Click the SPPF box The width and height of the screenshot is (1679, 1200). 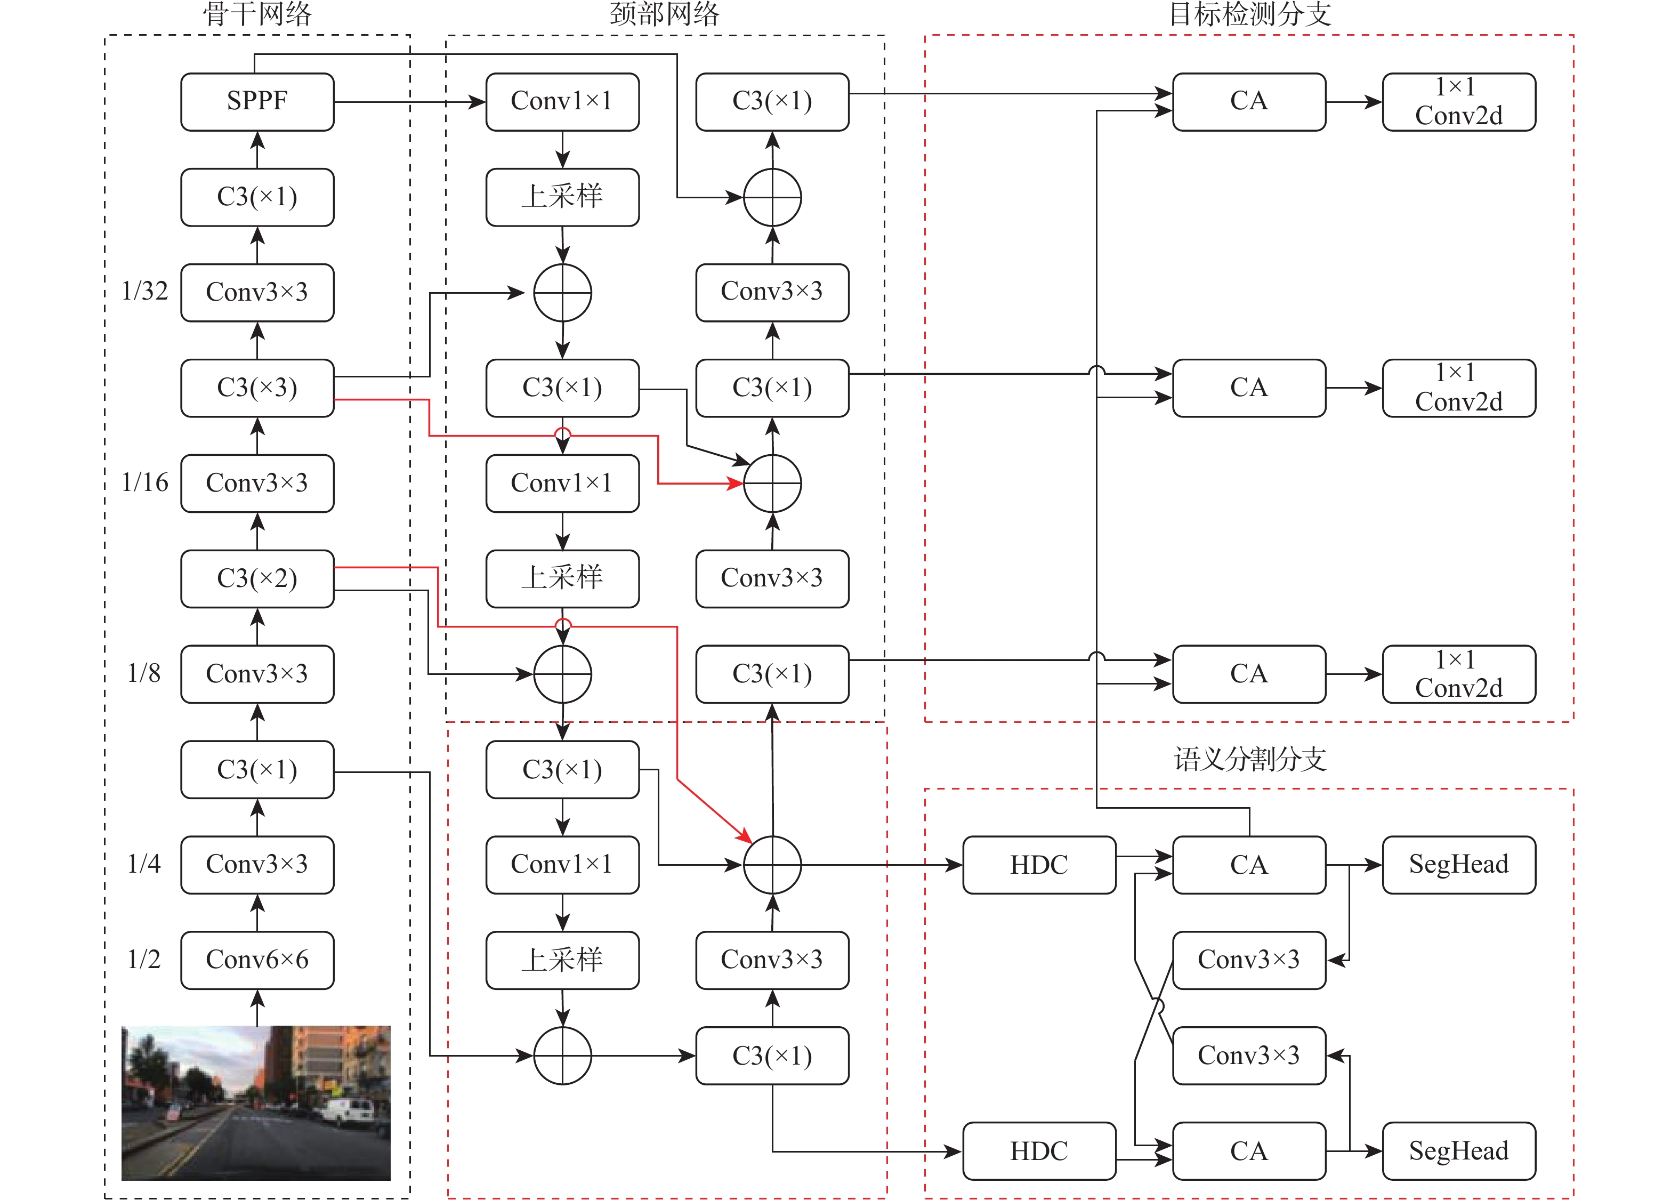[x=257, y=101]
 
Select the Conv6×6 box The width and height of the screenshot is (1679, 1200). [x=257, y=959]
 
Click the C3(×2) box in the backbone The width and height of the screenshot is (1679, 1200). [x=257, y=578]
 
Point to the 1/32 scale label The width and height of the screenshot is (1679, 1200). [x=145, y=291]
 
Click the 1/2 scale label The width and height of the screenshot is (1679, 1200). [x=143, y=959]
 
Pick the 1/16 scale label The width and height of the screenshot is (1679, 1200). [x=145, y=482]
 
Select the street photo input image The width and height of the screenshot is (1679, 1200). [x=255, y=1102]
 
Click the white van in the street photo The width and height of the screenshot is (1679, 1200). [x=349, y=1110]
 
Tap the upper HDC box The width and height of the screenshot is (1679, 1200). [x=1038, y=865]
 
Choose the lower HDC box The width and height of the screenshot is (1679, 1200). [x=1038, y=1150]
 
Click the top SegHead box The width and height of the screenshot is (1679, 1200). [x=1458, y=865]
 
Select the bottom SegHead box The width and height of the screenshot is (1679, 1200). [x=1458, y=1150]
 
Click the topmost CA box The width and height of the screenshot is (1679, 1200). [x=1248, y=101]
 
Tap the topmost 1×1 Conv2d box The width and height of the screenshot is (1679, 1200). [x=1458, y=101]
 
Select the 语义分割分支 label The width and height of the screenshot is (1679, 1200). [x=1250, y=760]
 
